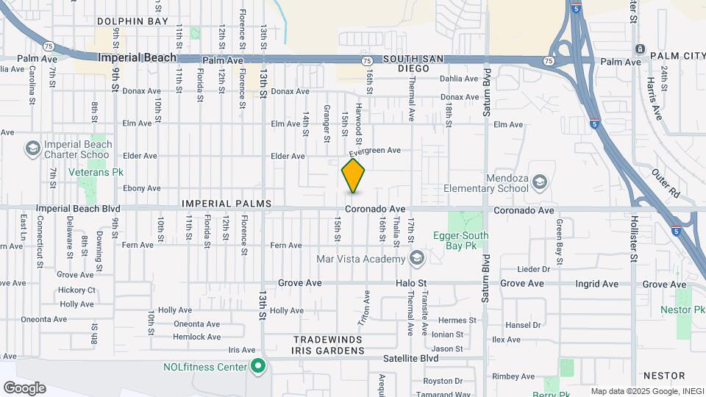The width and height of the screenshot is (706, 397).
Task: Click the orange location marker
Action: [x=354, y=175]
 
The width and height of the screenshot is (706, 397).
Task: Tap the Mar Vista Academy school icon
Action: [x=417, y=258]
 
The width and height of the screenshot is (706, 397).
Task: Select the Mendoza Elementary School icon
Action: [x=540, y=182]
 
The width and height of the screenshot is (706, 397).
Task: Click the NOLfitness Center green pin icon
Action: [x=257, y=365]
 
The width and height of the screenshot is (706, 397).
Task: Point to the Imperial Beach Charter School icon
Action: [x=32, y=149]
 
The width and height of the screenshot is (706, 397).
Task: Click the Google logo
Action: [x=24, y=388]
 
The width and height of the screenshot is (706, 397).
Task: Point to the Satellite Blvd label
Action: [x=410, y=358]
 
